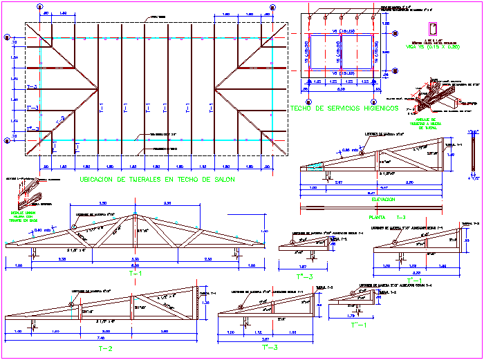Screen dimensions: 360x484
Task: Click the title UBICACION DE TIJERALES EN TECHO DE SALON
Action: coord(157,180)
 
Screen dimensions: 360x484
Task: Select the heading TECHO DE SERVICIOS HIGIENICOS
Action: coord(344,108)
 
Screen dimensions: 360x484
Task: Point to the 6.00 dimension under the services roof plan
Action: coord(340,88)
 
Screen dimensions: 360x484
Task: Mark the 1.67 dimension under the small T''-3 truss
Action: coord(301,266)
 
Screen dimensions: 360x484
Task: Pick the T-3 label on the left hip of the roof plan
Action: coord(32,88)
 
